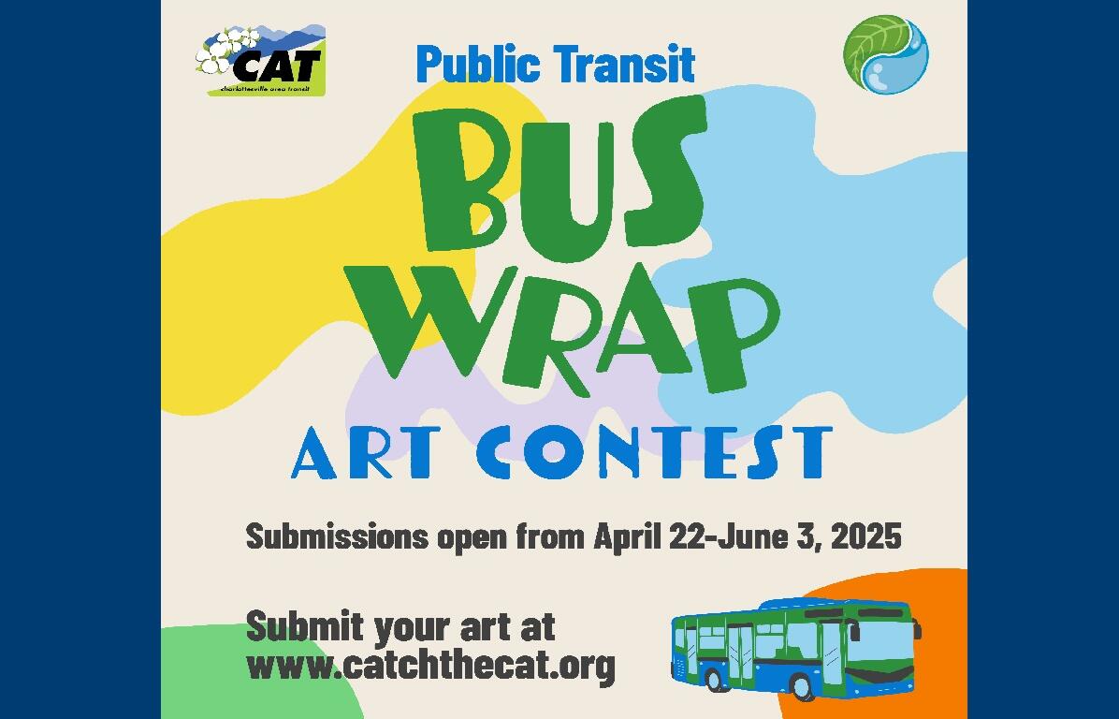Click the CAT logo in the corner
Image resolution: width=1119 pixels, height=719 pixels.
261,62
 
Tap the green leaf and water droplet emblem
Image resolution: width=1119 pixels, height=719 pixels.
886,55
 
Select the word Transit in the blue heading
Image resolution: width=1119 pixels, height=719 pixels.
624,64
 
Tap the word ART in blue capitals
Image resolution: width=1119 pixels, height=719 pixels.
365,453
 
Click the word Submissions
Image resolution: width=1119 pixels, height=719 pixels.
337,536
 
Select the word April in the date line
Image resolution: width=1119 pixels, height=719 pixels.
627,537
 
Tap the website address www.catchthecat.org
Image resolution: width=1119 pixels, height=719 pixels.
430,667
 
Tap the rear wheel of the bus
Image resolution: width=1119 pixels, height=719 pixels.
713,679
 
